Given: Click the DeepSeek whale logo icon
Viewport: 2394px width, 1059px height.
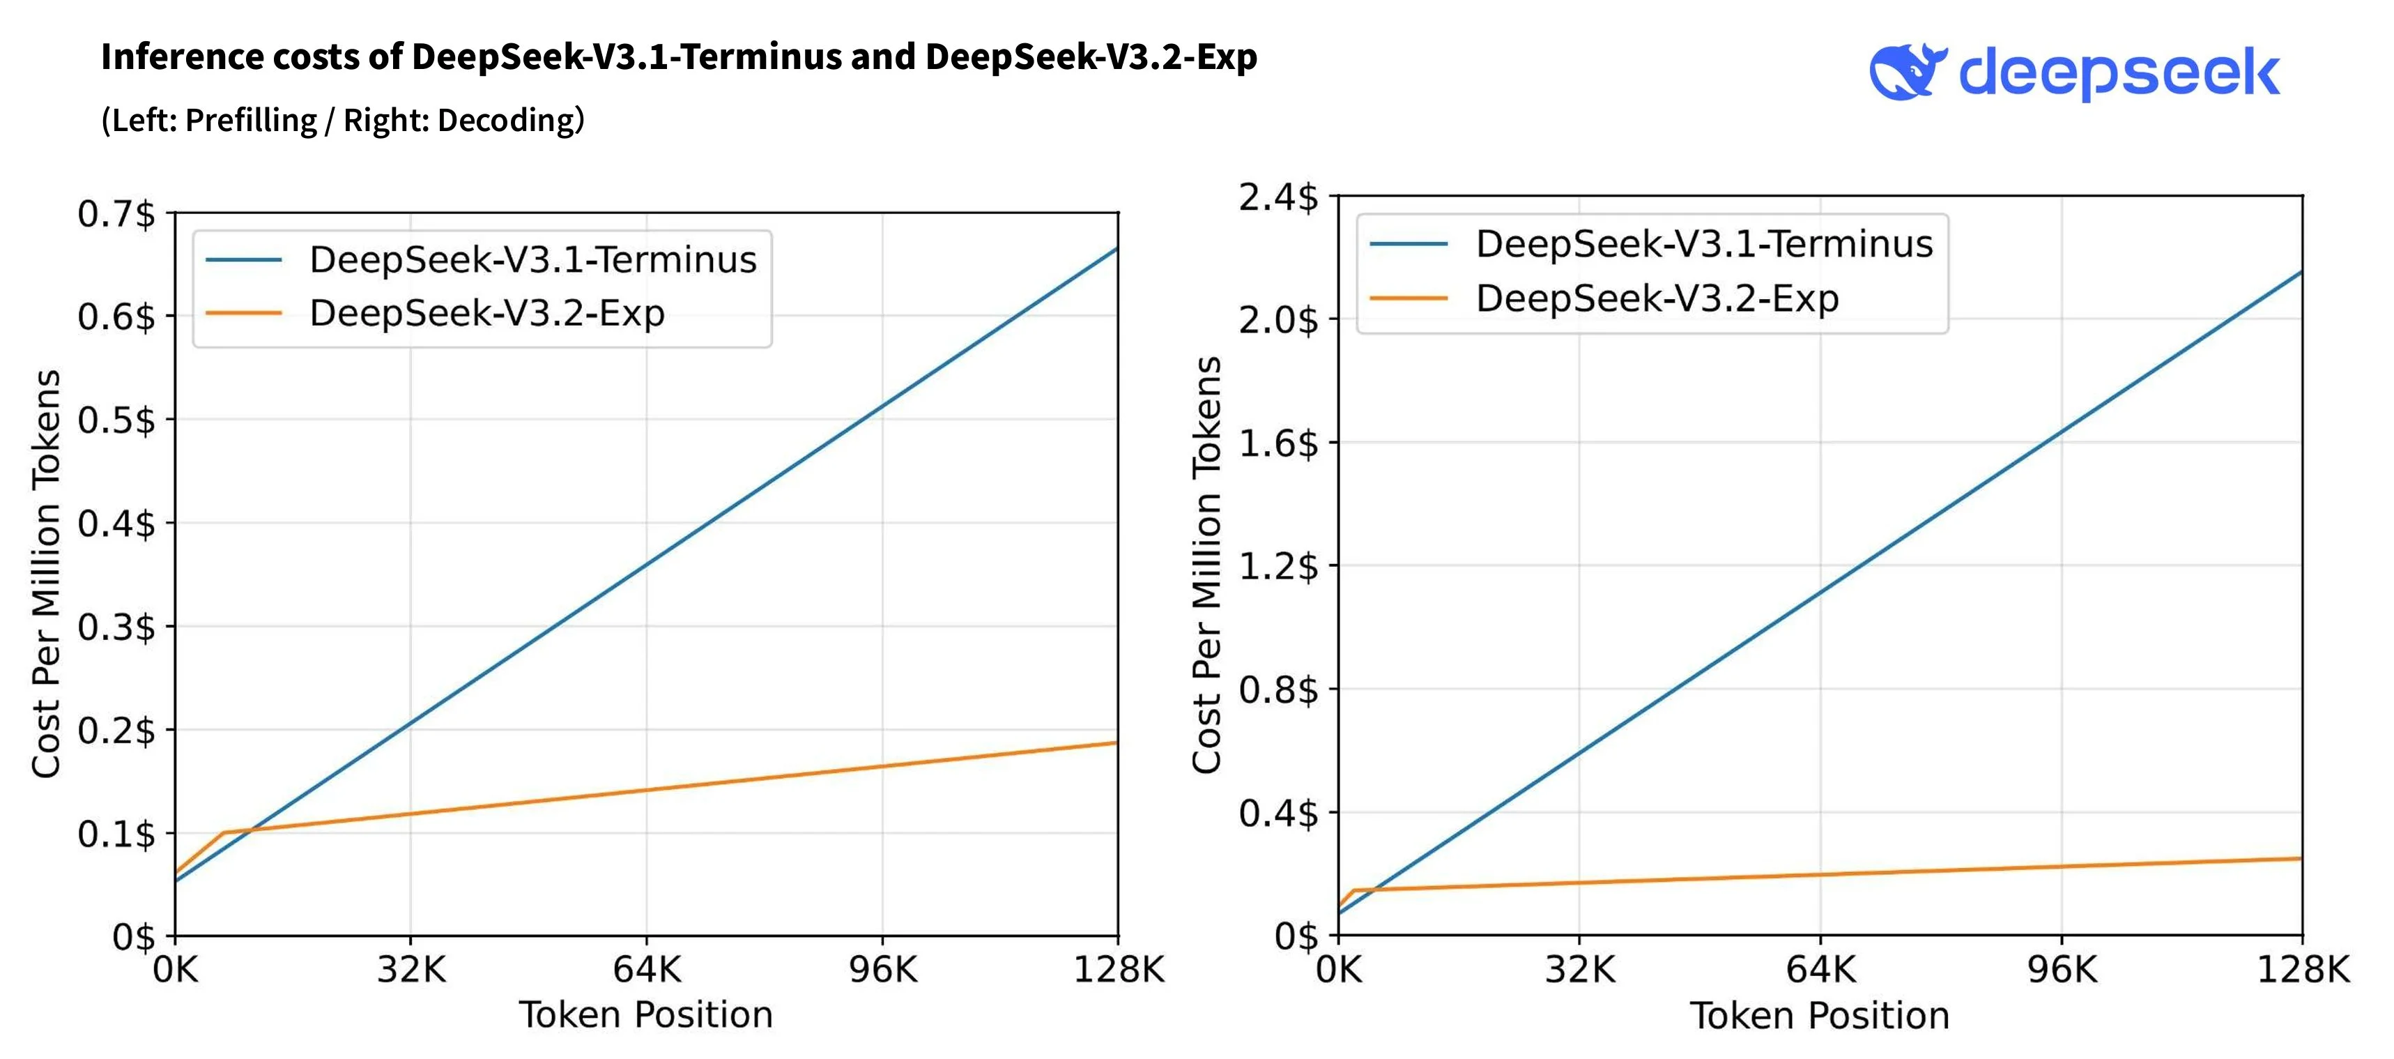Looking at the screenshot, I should click(1907, 72).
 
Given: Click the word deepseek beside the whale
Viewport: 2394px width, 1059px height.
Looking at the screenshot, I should click(2119, 75).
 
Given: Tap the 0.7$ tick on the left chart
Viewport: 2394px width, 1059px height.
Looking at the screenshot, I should click(116, 214).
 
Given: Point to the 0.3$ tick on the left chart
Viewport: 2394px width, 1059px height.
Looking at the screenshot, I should click(116, 627).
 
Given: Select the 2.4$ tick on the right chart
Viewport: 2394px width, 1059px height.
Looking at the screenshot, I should click(1278, 198).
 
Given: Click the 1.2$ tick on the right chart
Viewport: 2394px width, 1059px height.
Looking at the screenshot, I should click(1278, 565).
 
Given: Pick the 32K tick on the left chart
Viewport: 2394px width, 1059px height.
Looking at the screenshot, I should click(410, 970).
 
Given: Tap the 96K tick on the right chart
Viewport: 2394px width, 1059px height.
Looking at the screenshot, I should click(2062, 970).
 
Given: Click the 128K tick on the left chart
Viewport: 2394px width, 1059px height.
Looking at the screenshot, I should click(1118, 970).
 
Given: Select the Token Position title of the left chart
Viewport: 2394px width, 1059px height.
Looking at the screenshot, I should click(646, 1015).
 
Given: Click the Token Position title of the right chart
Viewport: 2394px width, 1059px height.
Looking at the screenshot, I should click(1819, 1016).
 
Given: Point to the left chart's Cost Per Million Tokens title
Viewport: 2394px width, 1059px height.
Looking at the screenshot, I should click(47, 574).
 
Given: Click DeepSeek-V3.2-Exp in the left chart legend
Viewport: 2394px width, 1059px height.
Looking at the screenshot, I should click(487, 313).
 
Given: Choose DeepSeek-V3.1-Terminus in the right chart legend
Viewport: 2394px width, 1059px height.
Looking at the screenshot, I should click(1703, 243).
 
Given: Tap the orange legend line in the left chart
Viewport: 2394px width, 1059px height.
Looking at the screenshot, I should click(243, 313).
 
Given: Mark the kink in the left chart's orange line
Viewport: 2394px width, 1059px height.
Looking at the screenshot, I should click(224, 832).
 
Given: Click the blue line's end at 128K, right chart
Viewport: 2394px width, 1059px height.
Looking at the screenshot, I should click(2300, 273).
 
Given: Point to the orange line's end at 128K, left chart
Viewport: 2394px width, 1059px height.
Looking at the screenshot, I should click(1116, 743).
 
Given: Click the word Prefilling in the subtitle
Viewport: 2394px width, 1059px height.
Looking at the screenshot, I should click(251, 121).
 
